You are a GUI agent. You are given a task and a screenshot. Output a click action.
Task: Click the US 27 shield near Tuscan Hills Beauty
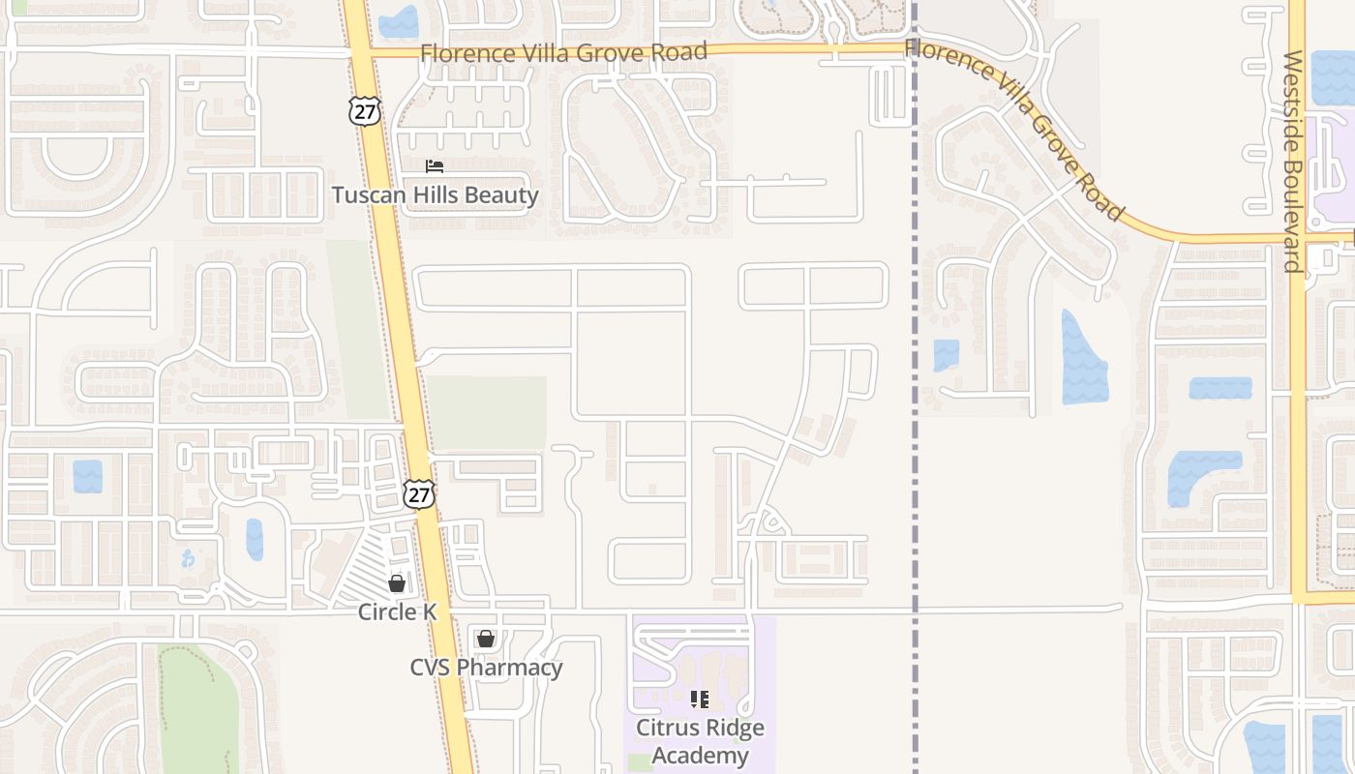(365, 111)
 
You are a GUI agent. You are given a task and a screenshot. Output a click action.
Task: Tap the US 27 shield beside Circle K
(418, 494)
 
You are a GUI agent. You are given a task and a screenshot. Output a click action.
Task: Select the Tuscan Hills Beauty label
(435, 194)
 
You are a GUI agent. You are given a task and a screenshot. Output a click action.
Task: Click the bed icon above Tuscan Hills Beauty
(435, 166)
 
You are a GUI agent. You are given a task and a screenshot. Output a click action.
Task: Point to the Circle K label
(397, 611)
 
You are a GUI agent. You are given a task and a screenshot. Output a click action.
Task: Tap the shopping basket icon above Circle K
(397, 582)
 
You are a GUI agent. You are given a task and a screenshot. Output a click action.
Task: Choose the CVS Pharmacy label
(486, 668)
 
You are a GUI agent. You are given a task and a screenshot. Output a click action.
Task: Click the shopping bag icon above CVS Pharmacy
(486, 639)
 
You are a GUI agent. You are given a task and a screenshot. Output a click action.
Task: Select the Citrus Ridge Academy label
(700, 741)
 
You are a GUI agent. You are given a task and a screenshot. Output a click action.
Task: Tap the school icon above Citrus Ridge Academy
(700, 699)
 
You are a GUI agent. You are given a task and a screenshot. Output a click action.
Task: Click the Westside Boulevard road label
(1293, 162)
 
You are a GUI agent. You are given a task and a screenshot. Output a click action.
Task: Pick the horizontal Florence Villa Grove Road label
(564, 52)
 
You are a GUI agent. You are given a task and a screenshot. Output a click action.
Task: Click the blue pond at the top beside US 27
(399, 22)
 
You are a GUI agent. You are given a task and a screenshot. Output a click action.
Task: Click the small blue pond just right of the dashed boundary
(946, 355)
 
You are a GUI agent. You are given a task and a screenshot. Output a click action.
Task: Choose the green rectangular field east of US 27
(486, 413)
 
